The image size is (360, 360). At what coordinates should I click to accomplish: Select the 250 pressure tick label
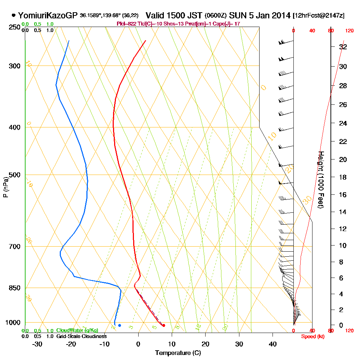pos(13,27)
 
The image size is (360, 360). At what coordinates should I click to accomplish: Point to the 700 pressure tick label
pos(13,247)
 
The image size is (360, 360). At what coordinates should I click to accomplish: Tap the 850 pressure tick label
pos(13,288)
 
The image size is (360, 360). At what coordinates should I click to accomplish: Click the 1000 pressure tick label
pos(12,323)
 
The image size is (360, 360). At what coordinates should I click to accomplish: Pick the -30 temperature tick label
pos(37,344)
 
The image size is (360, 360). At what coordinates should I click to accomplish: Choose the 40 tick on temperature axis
pos(273,344)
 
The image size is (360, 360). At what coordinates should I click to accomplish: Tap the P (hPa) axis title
pos(5,187)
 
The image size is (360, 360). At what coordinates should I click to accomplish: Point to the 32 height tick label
pos(343,47)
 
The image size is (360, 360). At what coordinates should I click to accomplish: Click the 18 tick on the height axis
pos(343,177)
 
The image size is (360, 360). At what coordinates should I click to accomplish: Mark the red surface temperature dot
pos(164,325)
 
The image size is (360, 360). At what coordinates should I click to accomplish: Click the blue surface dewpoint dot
pos(120,325)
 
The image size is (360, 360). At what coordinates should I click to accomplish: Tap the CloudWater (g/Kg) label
pos(77,330)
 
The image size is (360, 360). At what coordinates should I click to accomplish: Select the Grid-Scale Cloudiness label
pos(81,336)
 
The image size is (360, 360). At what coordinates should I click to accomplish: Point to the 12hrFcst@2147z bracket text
pos(319,16)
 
